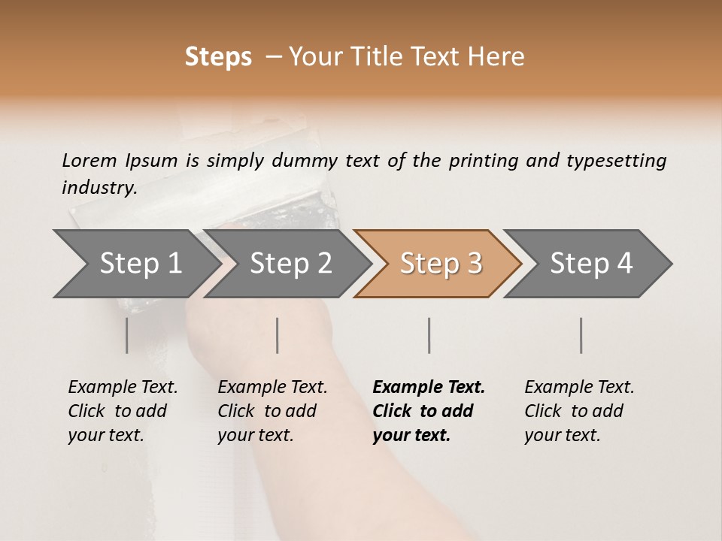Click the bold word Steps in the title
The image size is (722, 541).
[218, 57]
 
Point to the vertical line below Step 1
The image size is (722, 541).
[126, 335]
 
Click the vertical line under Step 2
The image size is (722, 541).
[278, 335]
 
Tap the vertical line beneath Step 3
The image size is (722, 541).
[429, 335]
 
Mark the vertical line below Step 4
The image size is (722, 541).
[581, 335]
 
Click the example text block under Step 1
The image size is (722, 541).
[123, 411]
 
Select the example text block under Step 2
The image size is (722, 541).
[272, 411]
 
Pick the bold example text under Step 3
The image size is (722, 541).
[429, 411]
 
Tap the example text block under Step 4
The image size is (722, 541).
[579, 411]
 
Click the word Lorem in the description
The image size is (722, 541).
[89, 160]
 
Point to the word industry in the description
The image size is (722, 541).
[99, 187]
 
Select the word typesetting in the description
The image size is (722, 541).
[616, 160]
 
